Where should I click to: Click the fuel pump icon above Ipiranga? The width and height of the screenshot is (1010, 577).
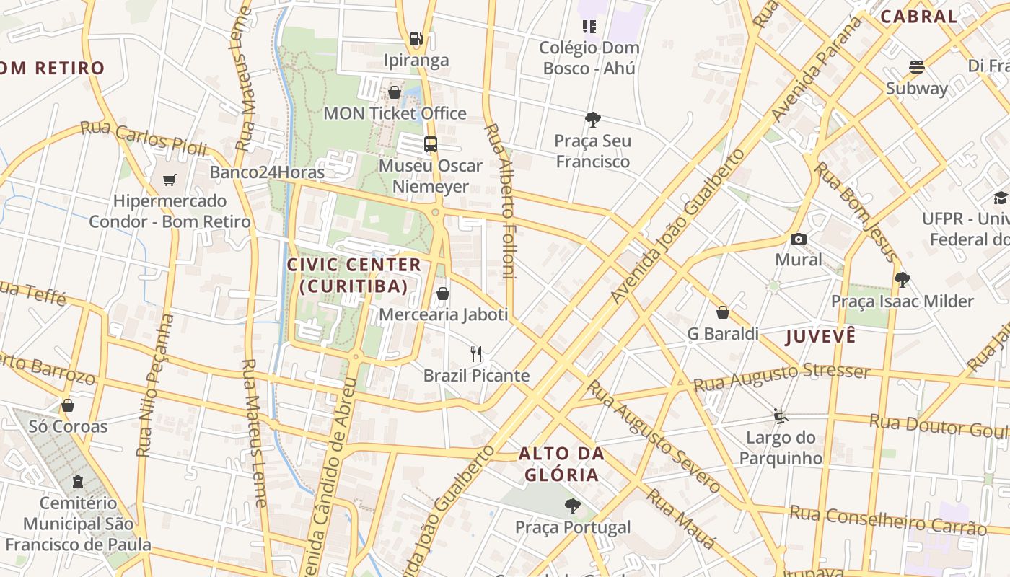(x=416, y=39)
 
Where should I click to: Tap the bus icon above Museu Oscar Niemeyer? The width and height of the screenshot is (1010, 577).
(x=431, y=144)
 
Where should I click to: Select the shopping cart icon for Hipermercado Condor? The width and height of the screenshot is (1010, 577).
(x=170, y=180)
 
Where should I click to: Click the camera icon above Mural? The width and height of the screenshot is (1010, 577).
(x=799, y=239)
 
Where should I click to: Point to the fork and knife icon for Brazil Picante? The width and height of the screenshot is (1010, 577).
(x=475, y=354)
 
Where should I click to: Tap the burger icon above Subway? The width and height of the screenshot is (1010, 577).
(x=917, y=67)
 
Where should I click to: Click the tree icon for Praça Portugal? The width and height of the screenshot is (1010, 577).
(x=573, y=506)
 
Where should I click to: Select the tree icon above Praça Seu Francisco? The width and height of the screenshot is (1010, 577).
(x=593, y=119)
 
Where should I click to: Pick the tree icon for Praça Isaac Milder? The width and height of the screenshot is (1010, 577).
(x=902, y=280)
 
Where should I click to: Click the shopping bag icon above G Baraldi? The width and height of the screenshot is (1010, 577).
(x=723, y=312)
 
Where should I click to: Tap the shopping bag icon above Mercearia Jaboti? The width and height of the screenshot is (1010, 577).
(x=443, y=294)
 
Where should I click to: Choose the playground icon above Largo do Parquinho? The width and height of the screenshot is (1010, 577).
(x=780, y=415)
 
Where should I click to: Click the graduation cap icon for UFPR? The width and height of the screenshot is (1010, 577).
(x=1001, y=198)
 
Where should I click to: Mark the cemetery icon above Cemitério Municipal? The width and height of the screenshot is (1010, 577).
(x=78, y=481)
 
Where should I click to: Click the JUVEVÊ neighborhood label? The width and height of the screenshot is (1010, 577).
(x=820, y=336)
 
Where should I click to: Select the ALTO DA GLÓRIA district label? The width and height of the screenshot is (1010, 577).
(x=561, y=464)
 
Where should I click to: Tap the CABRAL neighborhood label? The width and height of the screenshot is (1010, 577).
(x=918, y=17)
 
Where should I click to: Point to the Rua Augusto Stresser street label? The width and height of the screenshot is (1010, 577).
(x=782, y=377)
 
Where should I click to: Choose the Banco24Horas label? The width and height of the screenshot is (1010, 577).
(x=267, y=172)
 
